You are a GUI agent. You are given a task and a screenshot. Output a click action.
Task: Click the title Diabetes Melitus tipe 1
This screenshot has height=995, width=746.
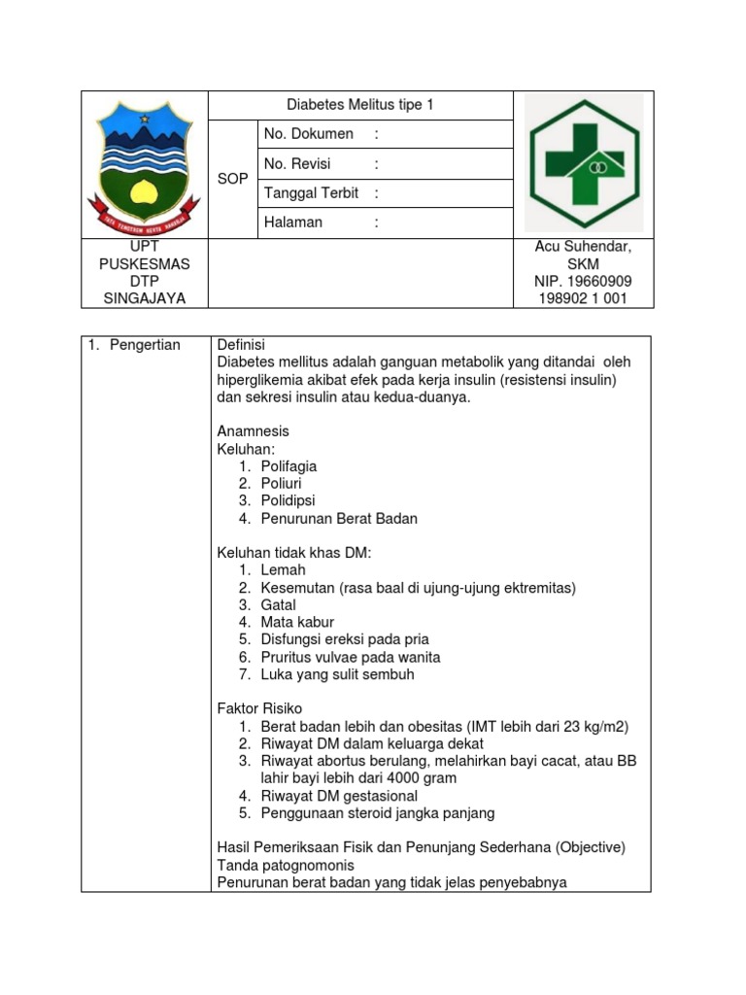(x=360, y=105)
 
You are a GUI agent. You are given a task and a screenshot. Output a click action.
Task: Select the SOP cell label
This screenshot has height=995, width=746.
(x=232, y=179)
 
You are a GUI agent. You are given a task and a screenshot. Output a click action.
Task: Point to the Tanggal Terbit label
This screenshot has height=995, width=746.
(x=311, y=192)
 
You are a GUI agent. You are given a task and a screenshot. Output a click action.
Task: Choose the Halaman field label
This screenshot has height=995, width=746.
(x=292, y=223)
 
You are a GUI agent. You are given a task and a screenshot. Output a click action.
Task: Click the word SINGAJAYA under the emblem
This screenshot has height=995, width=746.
(x=145, y=298)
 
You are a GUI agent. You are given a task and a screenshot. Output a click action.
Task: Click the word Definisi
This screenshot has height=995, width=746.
(x=241, y=345)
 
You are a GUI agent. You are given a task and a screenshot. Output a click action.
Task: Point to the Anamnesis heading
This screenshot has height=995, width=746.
(x=253, y=430)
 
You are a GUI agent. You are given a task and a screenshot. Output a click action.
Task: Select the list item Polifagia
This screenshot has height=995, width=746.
(x=288, y=465)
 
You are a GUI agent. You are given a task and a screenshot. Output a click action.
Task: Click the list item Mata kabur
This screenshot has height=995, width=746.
(x=297, y=622)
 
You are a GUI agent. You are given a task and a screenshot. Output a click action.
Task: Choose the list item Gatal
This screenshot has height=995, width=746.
(x=278, y=604)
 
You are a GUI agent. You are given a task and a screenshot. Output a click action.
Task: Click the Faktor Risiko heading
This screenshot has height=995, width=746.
(x=259, y=709)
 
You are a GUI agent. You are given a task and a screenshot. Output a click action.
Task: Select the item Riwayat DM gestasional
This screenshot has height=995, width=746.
(x=339, y=796)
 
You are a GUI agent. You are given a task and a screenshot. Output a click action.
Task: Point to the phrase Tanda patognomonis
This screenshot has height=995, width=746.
(x=286, y=865)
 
